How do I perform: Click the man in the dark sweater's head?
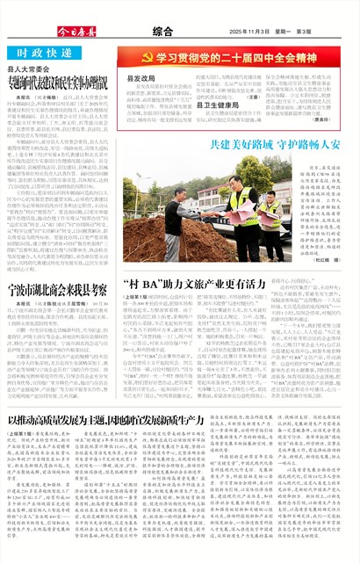click(x=181, y=194)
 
